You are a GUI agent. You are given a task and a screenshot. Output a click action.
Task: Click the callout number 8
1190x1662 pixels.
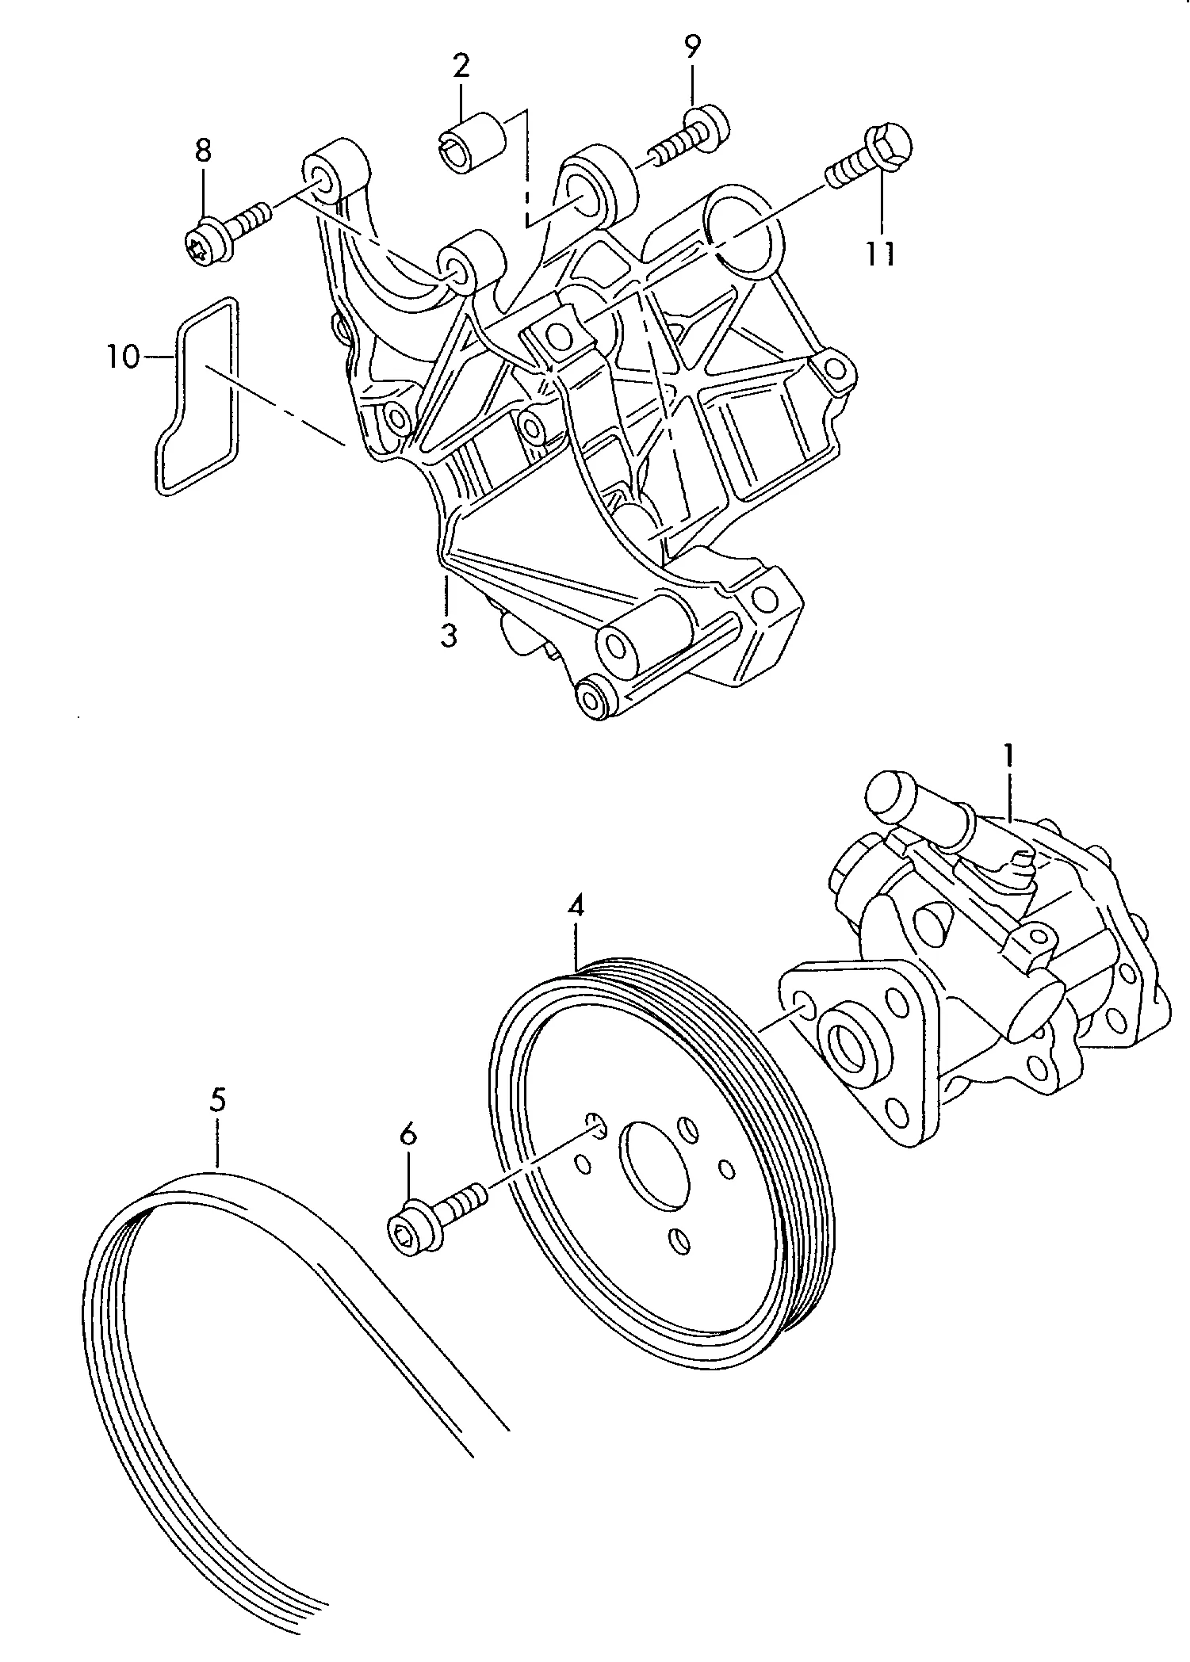203,150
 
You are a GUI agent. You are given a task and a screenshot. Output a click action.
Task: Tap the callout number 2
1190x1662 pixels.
461,65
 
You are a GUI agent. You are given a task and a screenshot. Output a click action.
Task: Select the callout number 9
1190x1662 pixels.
692,47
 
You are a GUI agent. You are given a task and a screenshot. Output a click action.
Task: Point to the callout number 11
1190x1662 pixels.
881,253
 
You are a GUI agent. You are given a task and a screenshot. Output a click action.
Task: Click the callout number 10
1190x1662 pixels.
124,357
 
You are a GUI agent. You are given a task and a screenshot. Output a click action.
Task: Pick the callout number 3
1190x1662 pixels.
449,635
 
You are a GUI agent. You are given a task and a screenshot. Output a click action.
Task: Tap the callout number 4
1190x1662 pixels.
576,906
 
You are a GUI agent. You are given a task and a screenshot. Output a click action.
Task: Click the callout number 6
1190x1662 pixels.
408,1136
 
